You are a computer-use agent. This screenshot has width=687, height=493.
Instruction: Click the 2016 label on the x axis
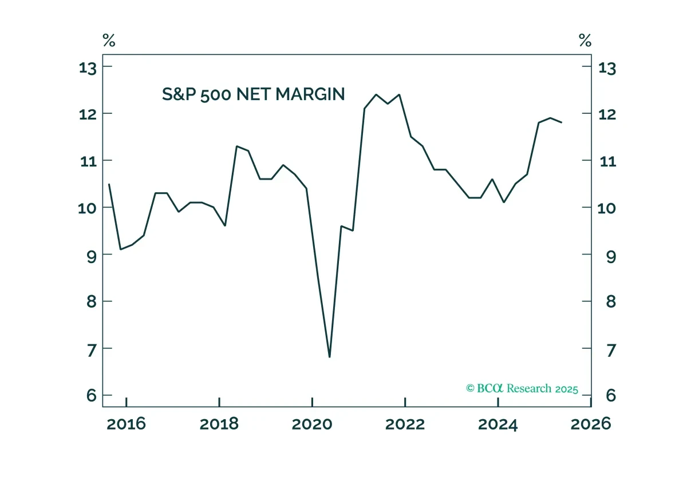click(126, 424)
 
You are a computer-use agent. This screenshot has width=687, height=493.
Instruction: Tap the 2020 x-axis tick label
click(312, 424)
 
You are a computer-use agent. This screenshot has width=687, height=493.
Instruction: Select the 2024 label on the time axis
click(498, 424)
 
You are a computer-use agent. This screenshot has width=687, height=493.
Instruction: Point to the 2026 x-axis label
click(591, 424)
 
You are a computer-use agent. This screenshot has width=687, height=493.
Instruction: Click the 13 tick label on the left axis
click(88, 68)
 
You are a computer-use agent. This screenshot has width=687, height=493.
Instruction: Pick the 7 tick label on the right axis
click(611, 350)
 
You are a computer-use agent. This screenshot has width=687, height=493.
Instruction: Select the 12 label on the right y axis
click(607, 114)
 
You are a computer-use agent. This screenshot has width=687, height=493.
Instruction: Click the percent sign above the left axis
click(109, 40)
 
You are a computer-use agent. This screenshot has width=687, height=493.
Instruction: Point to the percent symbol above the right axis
click(585, 40)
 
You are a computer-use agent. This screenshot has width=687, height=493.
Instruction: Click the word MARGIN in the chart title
click(310, 94)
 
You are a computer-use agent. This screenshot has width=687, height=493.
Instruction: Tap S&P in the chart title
click(179, 94)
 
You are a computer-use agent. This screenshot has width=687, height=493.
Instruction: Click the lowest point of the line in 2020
click(330, 357)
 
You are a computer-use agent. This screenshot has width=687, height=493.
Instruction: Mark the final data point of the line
click(562, 122)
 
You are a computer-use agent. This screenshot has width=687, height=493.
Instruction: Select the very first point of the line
click(109, 184)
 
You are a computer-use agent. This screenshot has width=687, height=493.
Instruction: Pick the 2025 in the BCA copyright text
click(566, 389)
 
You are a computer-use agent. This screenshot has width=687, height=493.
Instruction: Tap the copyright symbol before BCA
click(470, 388)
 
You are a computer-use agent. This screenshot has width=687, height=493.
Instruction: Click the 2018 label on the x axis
click(219, 424)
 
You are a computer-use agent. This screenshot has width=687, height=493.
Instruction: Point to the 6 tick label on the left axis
click(92, 396)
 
